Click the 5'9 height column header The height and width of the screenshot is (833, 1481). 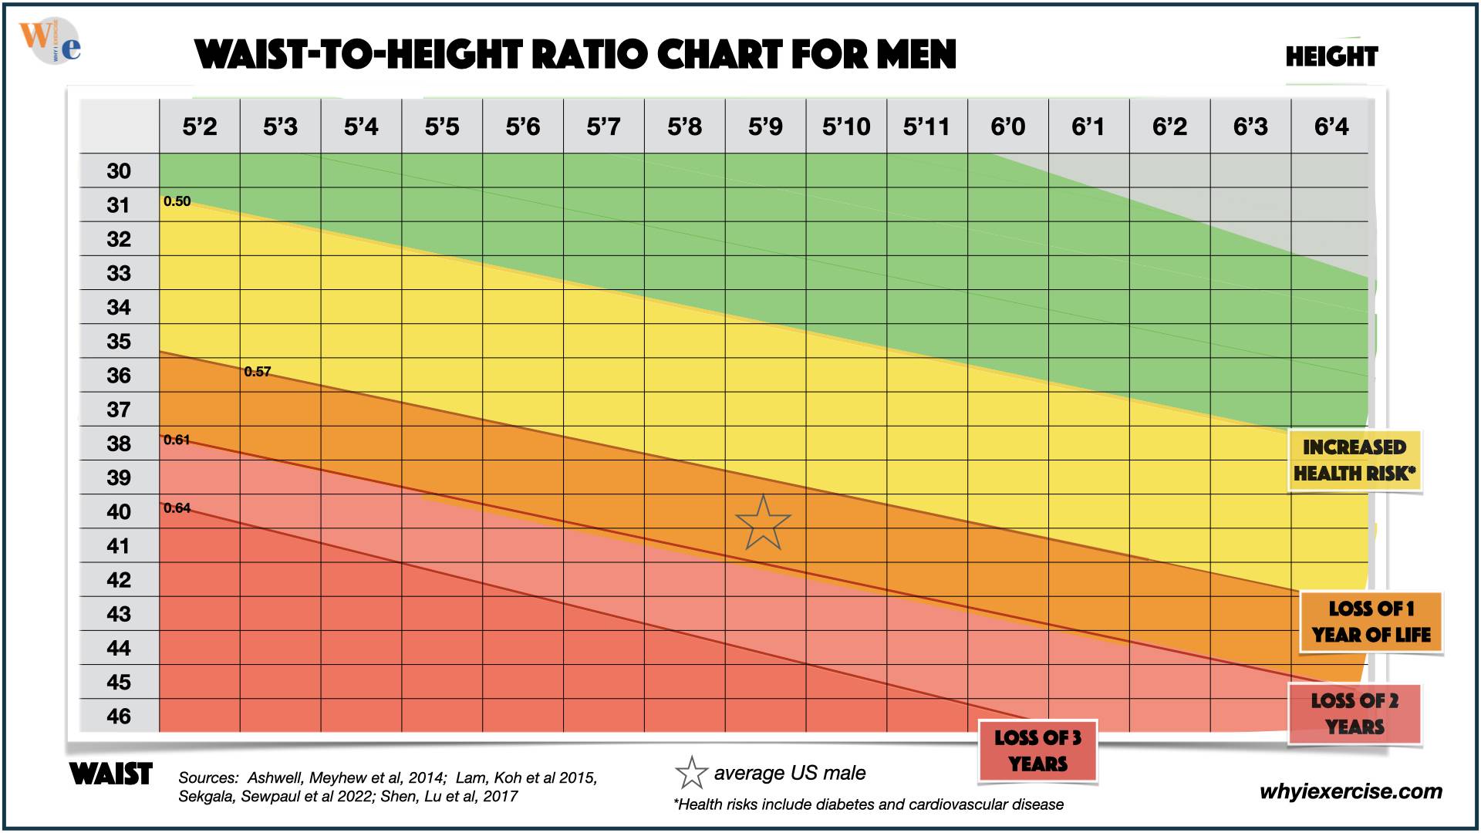[x=765, y=126]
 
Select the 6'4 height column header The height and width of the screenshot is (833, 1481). [x=1331, y=126]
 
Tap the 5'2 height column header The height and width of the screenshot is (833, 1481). [x=200, y=126]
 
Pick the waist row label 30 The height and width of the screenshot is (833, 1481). [x=119, y=170]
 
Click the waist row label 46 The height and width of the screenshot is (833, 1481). [x=119, y=716]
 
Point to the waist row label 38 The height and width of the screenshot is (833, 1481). [x=119, y=443]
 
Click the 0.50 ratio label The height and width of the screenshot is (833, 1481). [x=177, y=201]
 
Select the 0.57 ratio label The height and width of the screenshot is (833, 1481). [x=258, y=372]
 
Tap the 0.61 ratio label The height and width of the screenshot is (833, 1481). [x=177, y=440]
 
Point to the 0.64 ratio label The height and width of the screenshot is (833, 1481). [x=177, y=508]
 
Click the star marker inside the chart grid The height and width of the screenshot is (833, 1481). [x=763, y=524]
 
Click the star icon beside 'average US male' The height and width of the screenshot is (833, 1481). [x=691, y=773]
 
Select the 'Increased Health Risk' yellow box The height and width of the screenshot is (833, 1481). [x=1354, y=460]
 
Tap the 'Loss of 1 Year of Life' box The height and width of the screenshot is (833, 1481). [x=1371, y=622]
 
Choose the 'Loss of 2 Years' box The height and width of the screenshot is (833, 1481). [x=1354, y=713]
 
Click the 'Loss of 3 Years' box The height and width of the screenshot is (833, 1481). [x=1037, y=750]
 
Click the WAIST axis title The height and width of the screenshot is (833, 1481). [x=111, y=774]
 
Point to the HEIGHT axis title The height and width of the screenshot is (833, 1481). [x=1331, y=56]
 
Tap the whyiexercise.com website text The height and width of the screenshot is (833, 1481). [x=1351, y=791]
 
